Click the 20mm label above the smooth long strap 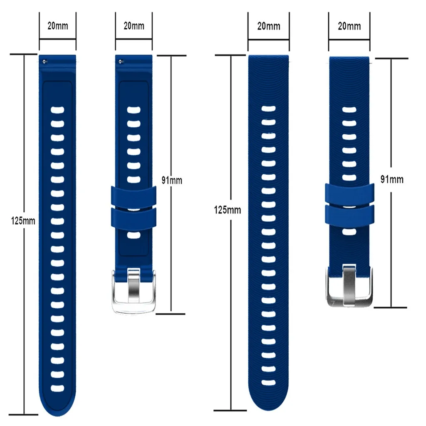pos(58,25)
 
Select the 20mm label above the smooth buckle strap pos(134,25)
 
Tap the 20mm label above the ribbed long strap pos(268,26)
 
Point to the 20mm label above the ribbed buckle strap pos(349,26)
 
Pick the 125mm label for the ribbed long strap pos(228,210)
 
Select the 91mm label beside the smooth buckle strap pos(172,181)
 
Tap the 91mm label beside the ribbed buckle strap pos(392,179)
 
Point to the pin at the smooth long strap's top pos(44,61)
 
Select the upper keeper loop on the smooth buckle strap pos(134,196)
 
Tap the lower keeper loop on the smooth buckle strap pos(134,217)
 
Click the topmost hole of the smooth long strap pos(58,110)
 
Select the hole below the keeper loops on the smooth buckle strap pos(134,235)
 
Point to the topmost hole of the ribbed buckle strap pos(349,110)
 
